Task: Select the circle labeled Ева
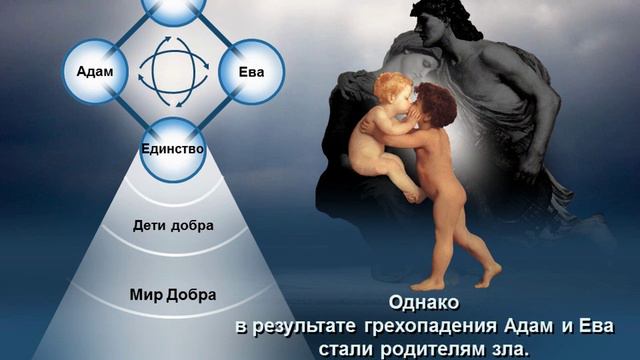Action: tap(252, 72)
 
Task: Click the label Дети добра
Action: tap(172, 225)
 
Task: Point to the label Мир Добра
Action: tap(172, 295)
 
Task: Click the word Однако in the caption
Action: tap(424, 304)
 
